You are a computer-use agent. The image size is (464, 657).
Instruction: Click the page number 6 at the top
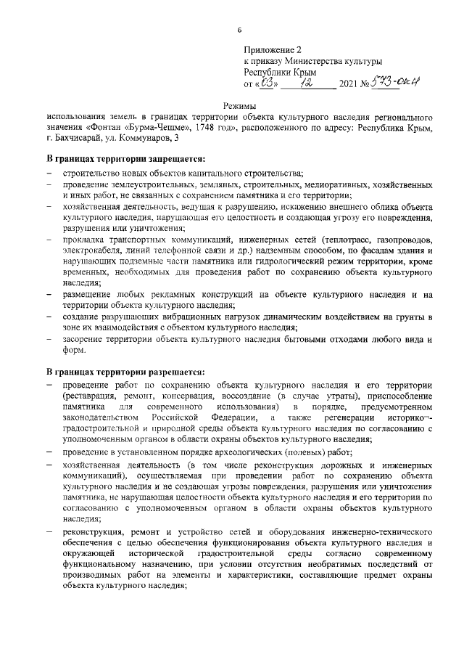[240, 28]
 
